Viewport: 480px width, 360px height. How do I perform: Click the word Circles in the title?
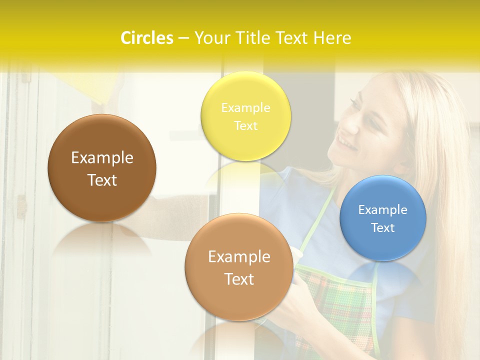pyautogui.click(x=146, y=38)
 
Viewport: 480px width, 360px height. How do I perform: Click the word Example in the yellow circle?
pyautogui.click(x=245, y=108)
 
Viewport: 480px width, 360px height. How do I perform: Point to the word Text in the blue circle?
pyautogui.click(x=383, y=227)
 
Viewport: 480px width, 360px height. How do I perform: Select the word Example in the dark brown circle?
pyautogui.click(x=102, y=158)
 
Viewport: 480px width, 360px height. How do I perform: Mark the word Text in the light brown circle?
pyautogui.click(x=239, y=279)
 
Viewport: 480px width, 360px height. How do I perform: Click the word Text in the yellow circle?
pyautogui.click(x=245, y=125)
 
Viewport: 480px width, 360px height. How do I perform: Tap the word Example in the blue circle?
pyautogui.click(x=383, y=210)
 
